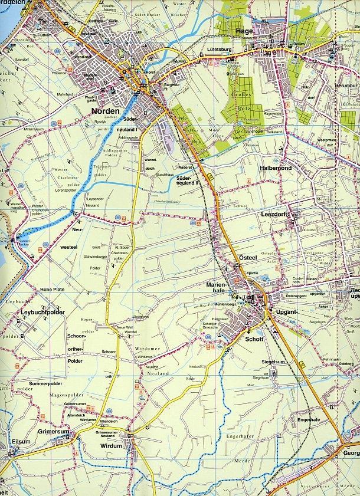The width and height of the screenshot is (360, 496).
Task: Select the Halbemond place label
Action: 276,168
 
